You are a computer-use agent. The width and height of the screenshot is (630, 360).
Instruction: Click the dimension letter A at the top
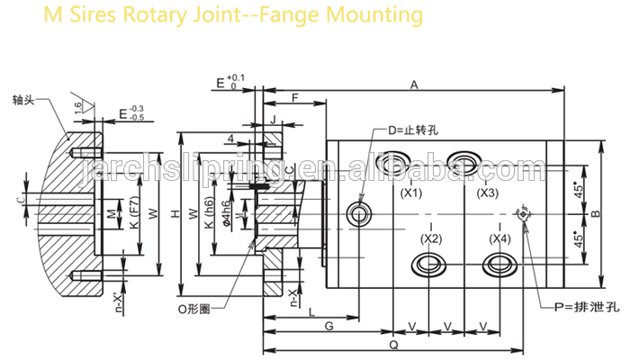coord(415,85)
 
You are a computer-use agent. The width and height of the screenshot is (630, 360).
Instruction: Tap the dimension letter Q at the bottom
coord(392,345)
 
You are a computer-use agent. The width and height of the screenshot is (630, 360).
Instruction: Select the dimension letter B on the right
coord(595,213)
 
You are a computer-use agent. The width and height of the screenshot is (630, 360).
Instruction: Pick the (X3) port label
coord(487,193)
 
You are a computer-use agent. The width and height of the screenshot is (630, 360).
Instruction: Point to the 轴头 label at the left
coord(22,100)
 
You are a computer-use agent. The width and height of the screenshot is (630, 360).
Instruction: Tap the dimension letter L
coord(310,311)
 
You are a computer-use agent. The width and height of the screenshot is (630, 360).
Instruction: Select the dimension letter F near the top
coord(295,96)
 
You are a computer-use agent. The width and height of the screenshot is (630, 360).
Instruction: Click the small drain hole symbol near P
coord(523,213)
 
